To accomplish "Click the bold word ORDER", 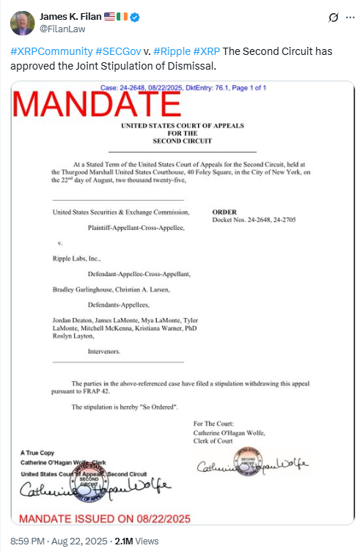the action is (223, 211).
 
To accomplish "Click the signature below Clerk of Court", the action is (251, 466).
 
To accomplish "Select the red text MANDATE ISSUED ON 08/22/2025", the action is (104, 519).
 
